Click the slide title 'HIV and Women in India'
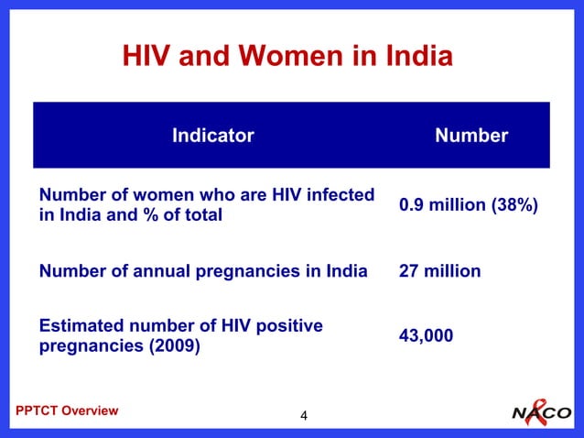[287, 58]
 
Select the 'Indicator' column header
[212, 136]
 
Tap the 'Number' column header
[471, 136]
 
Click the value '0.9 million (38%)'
[468, 205]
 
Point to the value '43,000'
[426, 336]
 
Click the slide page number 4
[304, 418]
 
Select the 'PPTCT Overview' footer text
[67, 411]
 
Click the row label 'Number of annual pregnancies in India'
[202, 271]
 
